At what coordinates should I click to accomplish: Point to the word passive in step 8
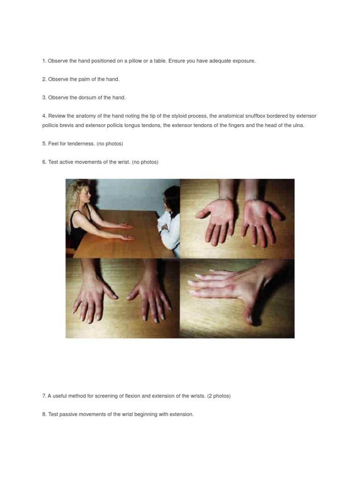68,414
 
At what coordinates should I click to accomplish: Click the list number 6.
44,162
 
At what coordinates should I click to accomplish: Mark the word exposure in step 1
243,61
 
